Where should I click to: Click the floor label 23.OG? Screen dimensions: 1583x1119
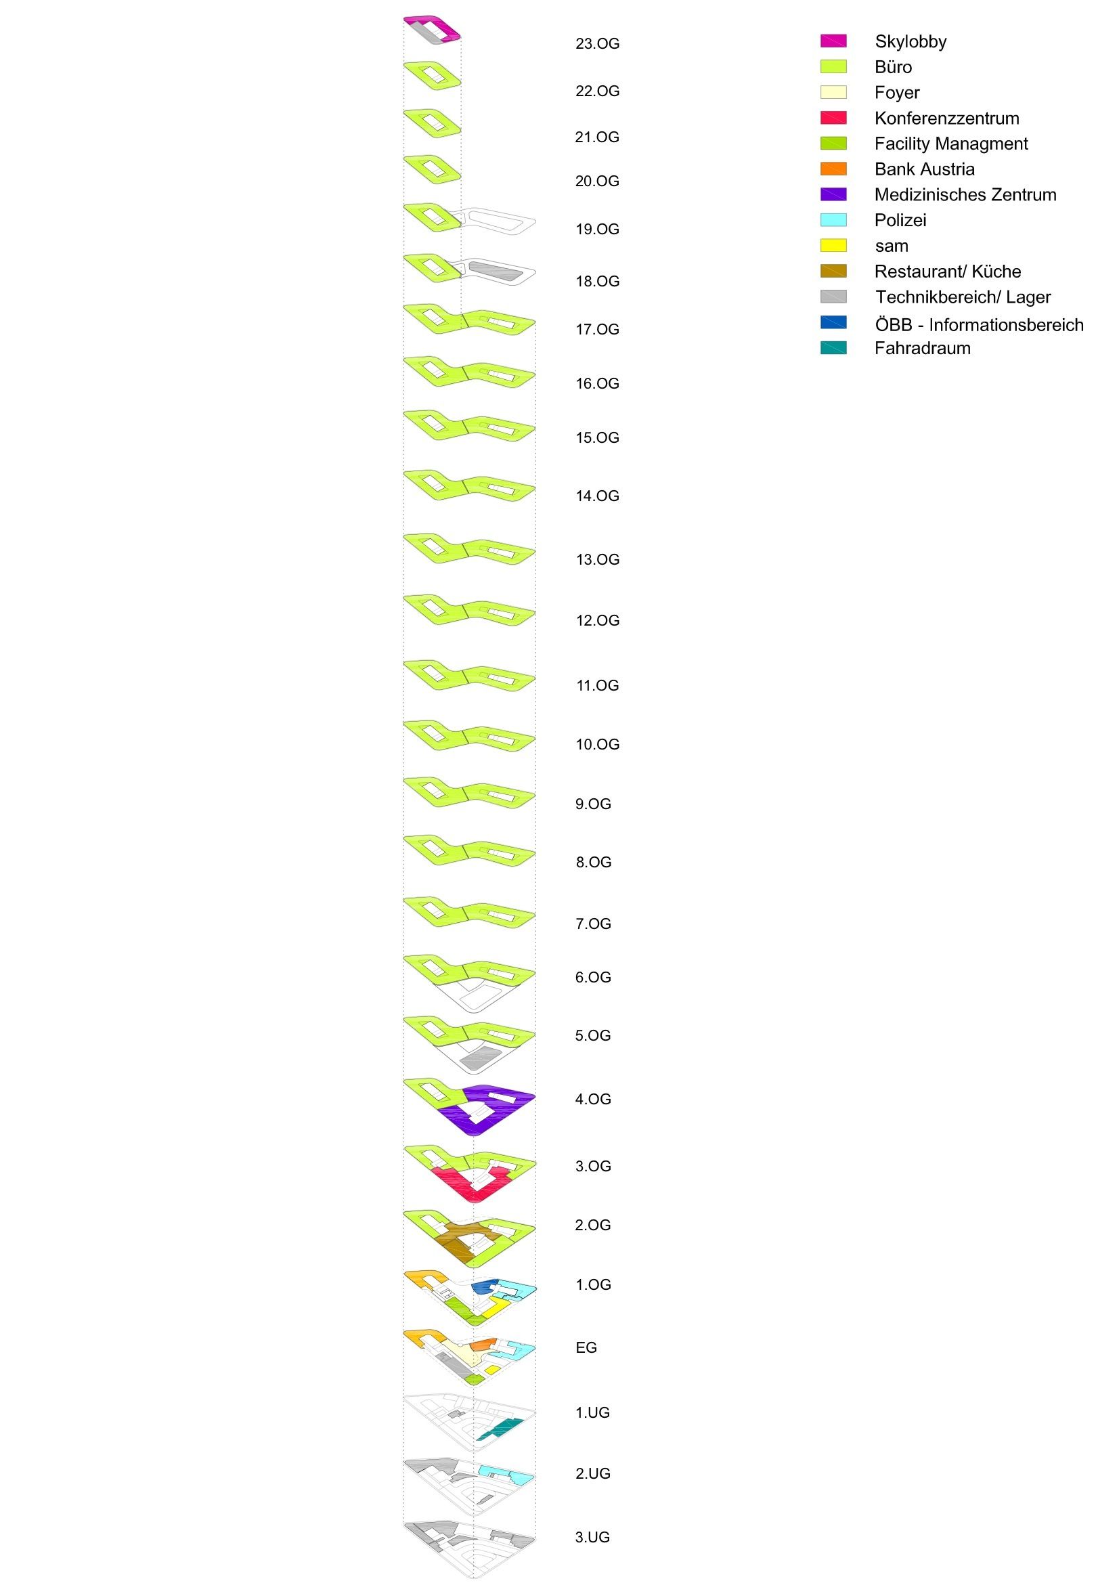(597, 44)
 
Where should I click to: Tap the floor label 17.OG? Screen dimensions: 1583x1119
(597, 330)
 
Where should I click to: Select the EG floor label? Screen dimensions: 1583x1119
(586, 1347)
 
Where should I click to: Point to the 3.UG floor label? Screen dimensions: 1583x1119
(592, 1537)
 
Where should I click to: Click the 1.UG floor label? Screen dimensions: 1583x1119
(592, 1412)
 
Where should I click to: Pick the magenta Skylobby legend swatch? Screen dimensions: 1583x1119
(833, 41)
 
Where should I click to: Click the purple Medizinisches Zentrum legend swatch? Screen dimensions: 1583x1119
(833, 194)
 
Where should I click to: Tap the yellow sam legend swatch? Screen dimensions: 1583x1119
(833, 246)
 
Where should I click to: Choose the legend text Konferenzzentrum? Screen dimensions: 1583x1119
(946, 118)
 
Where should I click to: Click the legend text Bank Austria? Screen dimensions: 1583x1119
(924, 169)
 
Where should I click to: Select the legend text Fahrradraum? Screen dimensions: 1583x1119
(922, 348)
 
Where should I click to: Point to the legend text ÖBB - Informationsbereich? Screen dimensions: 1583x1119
(978, 325)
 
